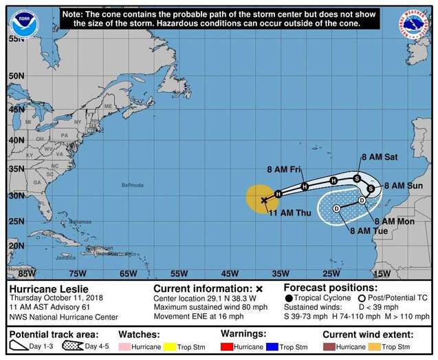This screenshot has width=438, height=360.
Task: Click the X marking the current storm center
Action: pyautogui.click(x=264, y=200)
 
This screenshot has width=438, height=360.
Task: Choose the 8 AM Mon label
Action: pyautogui.click(x=394, y=221)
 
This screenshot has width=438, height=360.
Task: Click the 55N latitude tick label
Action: pyautogui.click(x=16, y=39)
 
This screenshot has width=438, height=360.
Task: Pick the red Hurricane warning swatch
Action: pyautogui.click(x=227, y=346)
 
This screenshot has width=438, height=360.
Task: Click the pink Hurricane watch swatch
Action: pyautogui.click(x=127, y=346)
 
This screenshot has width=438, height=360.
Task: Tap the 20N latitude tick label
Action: pyautogui.click(x=16, y=246)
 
